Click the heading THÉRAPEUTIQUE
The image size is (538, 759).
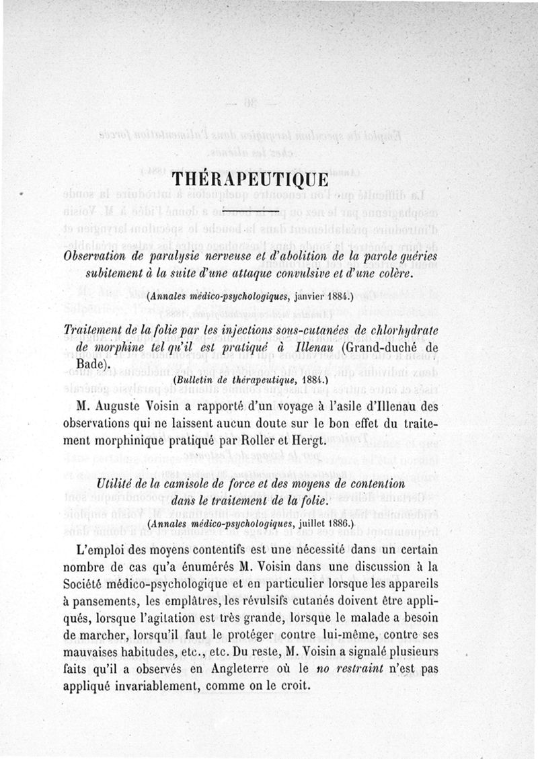click(x=249, y=180)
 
